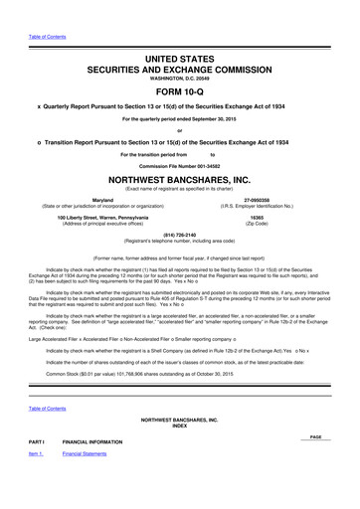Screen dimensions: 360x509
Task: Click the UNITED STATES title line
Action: click(179, 34)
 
